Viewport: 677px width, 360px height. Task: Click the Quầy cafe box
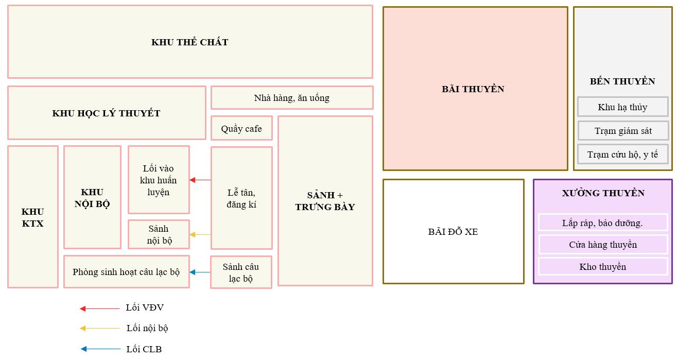(241, 128)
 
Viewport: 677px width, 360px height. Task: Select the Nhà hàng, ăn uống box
(291, 98)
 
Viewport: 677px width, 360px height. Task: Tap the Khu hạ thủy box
(622, 107)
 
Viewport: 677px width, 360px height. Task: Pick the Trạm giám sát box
(623, 131)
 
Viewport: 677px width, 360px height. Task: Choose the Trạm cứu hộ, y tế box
(622, 154)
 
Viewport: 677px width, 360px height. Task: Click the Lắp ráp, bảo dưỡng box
(602, 222)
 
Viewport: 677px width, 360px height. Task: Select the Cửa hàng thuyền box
(602, 245)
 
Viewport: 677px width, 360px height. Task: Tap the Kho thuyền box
(602, 267)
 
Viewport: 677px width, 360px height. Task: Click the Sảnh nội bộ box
(159, 234)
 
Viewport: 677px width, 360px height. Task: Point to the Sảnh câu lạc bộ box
(241, 272)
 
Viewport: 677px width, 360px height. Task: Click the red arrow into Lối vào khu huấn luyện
(200, 180)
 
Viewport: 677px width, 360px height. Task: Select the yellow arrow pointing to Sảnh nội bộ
(200, 235)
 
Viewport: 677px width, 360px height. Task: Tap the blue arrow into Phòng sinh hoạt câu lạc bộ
(200, 272)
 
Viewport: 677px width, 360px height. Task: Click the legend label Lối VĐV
(145, 308)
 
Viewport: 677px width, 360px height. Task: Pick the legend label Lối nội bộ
(147, 329)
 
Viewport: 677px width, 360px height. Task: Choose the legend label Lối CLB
(144, 349)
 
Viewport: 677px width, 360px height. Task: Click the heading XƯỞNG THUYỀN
(603, 193)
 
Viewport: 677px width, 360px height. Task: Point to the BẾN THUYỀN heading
(622, 81)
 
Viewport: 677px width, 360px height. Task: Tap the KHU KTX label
(33, 217)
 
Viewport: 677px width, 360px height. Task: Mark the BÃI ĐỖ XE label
(453, 232)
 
